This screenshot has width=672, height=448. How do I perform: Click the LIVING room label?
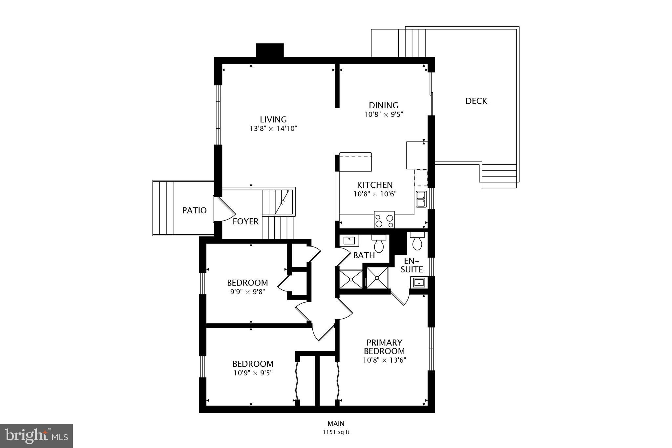(x=273, y=119)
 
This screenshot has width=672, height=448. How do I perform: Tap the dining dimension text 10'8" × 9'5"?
(x=383, y=115)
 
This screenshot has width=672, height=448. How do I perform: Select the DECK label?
(x=476, y=101)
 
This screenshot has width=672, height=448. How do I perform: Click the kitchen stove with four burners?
(x=384, y=220)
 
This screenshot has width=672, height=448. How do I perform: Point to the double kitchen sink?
(x=421, y=199)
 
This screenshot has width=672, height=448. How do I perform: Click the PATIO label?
(x=194, y=210)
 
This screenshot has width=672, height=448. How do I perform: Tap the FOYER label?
(x=245, y=222)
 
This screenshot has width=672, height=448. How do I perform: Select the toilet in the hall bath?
(x=379, y=244)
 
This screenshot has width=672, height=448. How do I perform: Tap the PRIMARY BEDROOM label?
(x=384, y=347)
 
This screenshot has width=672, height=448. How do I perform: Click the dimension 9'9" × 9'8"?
(x=247, y=291)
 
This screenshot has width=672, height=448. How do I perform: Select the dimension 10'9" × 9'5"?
(x=253, y=373)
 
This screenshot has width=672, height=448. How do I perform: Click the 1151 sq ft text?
(x=336, y=432)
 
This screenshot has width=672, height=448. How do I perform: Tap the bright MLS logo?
(x=36, y=436)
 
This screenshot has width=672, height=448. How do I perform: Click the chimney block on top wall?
(x=269, y=50)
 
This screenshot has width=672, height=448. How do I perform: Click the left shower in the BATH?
(x=350, y=279)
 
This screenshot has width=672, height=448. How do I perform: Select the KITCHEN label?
(x=375, y=185)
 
